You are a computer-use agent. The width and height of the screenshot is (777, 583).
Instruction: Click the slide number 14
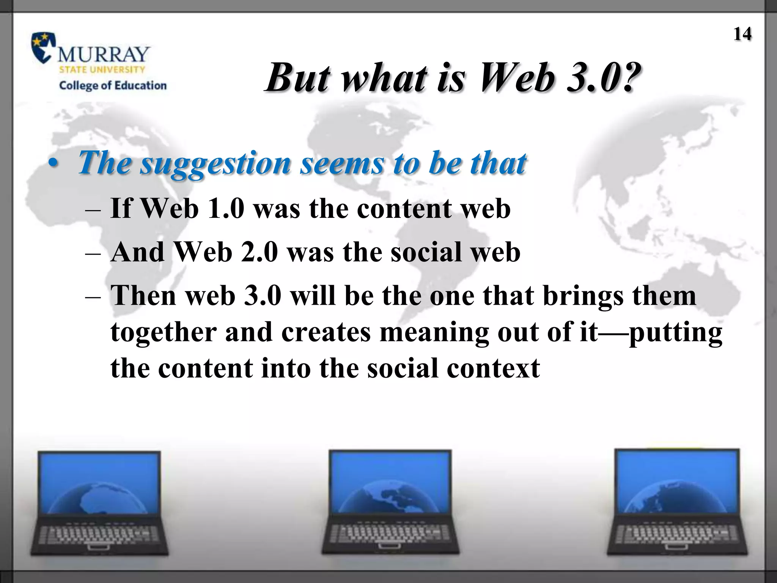tap(742, 34)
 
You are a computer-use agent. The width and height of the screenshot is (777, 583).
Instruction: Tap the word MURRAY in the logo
tap(103, 55)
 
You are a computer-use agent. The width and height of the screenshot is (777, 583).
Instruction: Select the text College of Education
tap(113, 85)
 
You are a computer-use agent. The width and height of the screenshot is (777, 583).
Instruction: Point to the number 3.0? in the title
tap(603, 77)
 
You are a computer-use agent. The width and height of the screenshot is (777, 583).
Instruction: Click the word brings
tap(583, 296)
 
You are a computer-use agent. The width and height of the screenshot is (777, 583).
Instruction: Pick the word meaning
tap(434, 332)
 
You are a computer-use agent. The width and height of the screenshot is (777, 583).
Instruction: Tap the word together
tap(163, 332)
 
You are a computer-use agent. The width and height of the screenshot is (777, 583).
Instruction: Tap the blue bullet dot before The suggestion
tap(53, 164)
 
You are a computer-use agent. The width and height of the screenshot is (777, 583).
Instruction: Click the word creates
tap(326, 332)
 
